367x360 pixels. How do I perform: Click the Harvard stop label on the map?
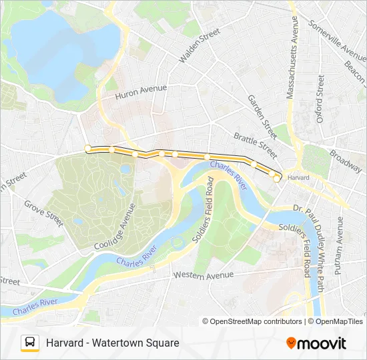click(298, 178)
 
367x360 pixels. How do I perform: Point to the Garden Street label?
click(262, 111)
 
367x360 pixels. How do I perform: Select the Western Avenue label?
click(204, 275)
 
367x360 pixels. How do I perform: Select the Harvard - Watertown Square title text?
click(113, 343)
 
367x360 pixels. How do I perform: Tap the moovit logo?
click(316, 343)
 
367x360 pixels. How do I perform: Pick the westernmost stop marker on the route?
click(87, 148)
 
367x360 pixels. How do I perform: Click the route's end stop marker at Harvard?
click(277, 178)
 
